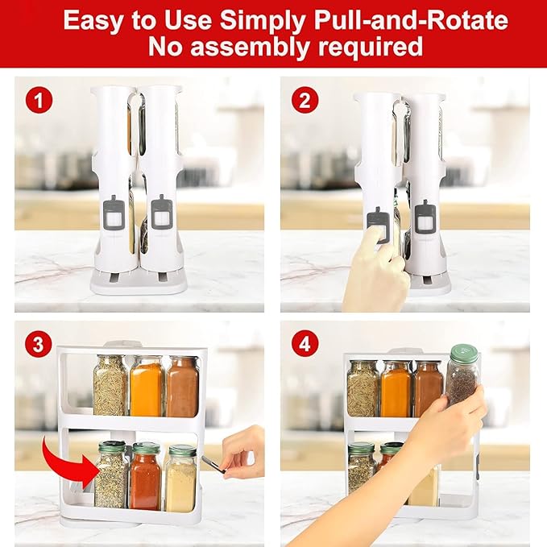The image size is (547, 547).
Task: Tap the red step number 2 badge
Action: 303,102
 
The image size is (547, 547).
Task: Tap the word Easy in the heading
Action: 94,19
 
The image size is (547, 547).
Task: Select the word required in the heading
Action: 371,47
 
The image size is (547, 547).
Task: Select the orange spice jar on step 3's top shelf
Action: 147,387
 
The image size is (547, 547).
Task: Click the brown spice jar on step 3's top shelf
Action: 182,387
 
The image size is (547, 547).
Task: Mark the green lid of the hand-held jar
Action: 463,353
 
